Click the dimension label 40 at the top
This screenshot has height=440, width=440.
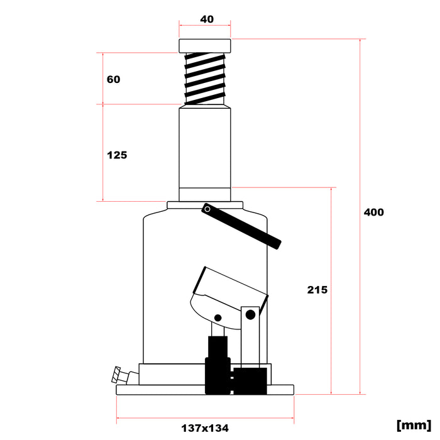tap(207, 19)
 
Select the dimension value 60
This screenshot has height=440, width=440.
tap(113, 80)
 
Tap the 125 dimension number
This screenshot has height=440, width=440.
tap(117, 155)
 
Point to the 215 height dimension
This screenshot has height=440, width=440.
tap(317, 290)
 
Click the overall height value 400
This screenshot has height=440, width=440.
tap(373, 212)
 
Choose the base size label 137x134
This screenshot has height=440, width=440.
tap(205, 428)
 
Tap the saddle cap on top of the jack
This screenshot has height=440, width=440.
tap(205, 46)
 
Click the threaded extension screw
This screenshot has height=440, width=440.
tap(205, 78)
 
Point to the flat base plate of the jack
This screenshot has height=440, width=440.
tap(205, 390)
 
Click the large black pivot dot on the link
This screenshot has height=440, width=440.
tap(250, 314)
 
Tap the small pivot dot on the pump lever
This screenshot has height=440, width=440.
tap(218, 317)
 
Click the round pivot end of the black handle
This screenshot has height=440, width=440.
tap(207, 209)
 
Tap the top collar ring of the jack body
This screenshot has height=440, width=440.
tap(205, 205)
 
